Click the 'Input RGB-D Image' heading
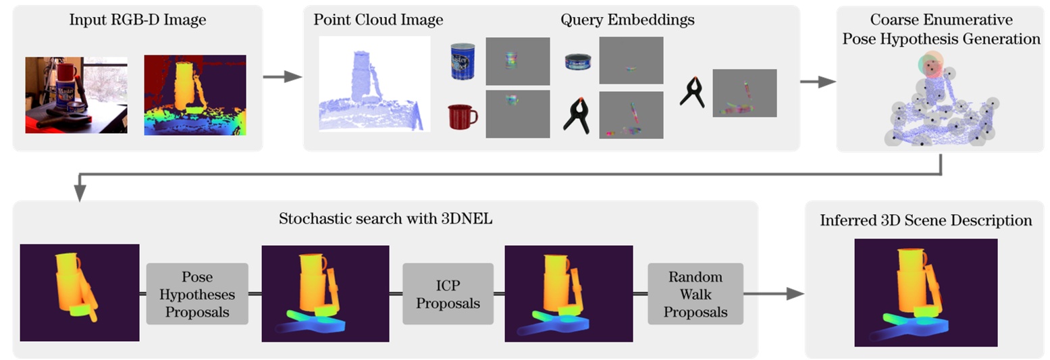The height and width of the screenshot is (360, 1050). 138,20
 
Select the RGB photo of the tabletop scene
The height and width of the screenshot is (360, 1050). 76,95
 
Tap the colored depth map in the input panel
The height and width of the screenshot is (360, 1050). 195,95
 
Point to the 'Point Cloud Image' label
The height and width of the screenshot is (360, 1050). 378,20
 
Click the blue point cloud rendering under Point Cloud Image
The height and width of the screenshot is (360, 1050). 374,84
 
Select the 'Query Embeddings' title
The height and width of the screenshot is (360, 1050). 627,20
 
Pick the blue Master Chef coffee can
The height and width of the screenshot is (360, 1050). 464,61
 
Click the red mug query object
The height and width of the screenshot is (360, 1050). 463,116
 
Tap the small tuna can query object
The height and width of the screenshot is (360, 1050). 579,63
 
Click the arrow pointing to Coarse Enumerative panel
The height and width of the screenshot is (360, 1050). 816,82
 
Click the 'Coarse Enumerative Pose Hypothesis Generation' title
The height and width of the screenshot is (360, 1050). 941,30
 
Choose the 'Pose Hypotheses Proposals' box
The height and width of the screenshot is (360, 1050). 197,294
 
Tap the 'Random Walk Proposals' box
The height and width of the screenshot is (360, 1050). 695,294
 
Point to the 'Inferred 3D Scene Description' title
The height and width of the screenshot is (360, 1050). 926,221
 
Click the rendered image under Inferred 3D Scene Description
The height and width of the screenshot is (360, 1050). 926,292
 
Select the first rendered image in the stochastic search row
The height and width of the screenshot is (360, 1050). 80,292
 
